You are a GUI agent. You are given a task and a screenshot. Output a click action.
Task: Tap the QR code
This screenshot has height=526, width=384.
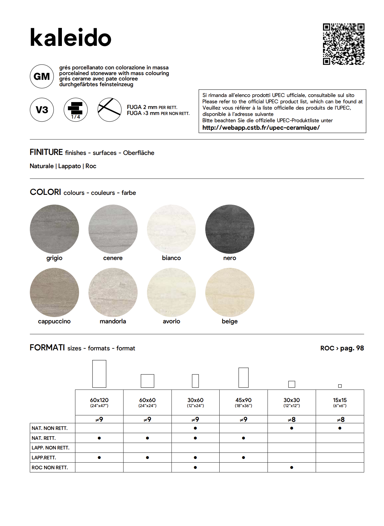pos(343,44)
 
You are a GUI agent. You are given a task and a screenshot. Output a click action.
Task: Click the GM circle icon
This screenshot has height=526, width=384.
pos(42,77)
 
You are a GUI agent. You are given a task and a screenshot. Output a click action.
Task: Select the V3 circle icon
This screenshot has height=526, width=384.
pos(42,110)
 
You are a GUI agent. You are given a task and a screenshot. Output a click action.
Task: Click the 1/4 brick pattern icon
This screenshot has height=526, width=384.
pos(76,110)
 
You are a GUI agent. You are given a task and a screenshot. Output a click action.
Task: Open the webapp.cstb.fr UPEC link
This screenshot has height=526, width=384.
pos(261,128)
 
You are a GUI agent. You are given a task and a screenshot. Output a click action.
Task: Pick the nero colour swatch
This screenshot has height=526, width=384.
pos(230,229)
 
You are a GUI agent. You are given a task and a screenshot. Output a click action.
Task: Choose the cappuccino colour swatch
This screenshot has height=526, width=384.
pos(54,292)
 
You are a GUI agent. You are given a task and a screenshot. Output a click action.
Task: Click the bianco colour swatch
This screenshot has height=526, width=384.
pos(171,229)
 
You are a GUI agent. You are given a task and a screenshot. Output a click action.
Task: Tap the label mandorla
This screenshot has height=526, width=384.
pos(113,321)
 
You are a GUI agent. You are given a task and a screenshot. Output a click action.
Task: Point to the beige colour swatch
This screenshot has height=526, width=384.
pos(230,292)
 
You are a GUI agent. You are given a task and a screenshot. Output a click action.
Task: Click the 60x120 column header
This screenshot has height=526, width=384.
pos(99,402)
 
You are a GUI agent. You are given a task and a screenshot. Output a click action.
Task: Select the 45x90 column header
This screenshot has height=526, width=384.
pos(243,402)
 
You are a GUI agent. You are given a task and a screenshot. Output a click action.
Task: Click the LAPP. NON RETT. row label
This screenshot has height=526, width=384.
pos(50,448)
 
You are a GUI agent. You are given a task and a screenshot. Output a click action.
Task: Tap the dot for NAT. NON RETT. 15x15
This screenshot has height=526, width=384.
pos(340,428)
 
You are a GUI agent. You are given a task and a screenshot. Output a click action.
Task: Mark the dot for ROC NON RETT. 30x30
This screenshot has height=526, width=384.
pos(291,467)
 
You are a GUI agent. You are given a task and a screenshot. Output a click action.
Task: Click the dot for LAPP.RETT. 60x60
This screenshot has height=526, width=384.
pos(147,458)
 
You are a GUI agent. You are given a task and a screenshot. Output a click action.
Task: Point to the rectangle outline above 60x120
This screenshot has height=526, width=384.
pos(99,374)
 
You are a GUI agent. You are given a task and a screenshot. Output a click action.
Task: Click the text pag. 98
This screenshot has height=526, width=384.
pos(352,348)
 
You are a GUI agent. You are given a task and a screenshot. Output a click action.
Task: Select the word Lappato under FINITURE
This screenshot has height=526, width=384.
pos(69,166)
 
